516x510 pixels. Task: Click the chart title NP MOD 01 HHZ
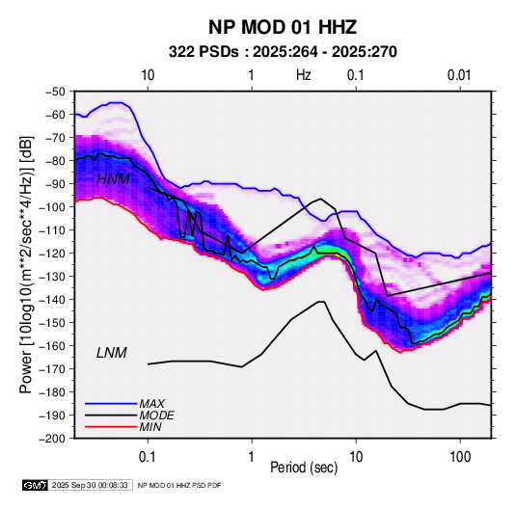(283, 27)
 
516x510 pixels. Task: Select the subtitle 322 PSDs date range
(283, 52)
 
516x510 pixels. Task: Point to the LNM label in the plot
(112, 353)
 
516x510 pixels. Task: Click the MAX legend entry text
(152, 403)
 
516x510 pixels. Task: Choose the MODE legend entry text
(156, 416)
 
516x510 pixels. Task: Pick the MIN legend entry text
(150, 427)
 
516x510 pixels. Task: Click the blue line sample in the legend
(111, 403)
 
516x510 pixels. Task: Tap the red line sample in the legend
(111, 427)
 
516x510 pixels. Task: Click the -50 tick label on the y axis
(56, 92)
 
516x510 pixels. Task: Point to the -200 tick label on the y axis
(53, 439)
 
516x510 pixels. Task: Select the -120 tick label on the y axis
(53, 254)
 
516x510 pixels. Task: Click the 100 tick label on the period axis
(460, 457)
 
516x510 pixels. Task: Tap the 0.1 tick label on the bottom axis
(148, 457)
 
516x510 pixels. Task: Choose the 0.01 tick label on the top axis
(459, 75)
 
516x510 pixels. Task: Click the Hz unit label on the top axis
(304, 75)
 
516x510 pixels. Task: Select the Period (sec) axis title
(304, 468)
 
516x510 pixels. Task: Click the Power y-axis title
(26, 264)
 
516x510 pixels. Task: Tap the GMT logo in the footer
(35, 485)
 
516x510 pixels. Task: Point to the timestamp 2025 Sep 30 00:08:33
(90, 485)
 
